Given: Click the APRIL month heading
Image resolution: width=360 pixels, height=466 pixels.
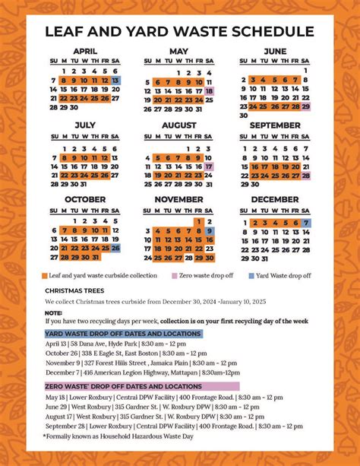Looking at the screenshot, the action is point(85,51).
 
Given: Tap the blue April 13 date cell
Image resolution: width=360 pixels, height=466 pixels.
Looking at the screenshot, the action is point(115,80).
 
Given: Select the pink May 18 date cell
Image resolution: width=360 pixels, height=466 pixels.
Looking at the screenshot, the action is point(209,90).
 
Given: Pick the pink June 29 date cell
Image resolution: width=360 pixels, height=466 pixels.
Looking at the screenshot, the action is point(305,106).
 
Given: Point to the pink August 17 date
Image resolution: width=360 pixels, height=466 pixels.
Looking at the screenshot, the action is point(209,166).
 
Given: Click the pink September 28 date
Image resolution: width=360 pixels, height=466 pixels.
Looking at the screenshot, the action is point(305,175).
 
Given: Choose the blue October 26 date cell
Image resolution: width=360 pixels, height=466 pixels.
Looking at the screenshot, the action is point(115,248).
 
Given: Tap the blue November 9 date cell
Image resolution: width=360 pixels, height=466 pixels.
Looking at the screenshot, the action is point(209,230).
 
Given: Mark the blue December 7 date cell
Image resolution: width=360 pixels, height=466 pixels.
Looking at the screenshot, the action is point(305,223).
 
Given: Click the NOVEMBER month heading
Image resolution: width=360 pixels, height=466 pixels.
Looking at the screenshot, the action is point(179,200).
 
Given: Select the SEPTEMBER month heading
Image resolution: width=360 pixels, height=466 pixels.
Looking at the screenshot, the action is point(274,125).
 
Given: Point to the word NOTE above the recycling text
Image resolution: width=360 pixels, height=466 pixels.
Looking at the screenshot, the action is point(53,312).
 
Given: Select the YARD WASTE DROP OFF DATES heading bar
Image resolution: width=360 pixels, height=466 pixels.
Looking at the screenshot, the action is point(123,333).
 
